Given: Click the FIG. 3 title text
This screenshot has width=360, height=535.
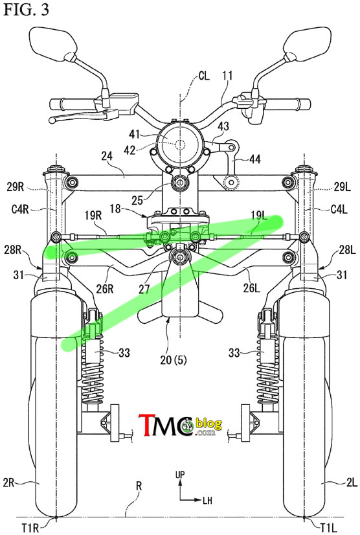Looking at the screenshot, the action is [26, 9].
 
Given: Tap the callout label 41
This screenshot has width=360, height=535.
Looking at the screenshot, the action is [134, 133].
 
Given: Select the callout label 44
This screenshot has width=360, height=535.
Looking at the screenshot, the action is [254, 159].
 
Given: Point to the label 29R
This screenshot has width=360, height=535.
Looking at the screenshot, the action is [16, 187].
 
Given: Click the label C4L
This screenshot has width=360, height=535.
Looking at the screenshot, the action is [339, 209].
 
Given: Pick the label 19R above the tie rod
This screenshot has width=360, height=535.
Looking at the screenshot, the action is [93, 216].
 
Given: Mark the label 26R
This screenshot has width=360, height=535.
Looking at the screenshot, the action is [104, 289].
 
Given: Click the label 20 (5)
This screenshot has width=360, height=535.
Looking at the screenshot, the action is [174, 359].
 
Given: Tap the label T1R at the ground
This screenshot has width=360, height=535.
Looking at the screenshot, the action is [30, 528].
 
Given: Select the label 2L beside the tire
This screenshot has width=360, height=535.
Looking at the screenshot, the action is [351, 482].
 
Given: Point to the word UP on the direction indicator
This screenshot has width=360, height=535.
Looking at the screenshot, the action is [180, 475].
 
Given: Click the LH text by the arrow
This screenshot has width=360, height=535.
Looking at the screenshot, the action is [207, 501].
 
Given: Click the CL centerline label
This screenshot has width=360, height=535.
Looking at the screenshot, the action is [204, 76].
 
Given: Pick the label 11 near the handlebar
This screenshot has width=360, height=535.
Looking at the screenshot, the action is [227, 75].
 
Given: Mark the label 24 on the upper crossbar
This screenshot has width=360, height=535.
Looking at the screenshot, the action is [107, 156].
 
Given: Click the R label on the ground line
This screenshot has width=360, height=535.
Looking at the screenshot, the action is [139, 486].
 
